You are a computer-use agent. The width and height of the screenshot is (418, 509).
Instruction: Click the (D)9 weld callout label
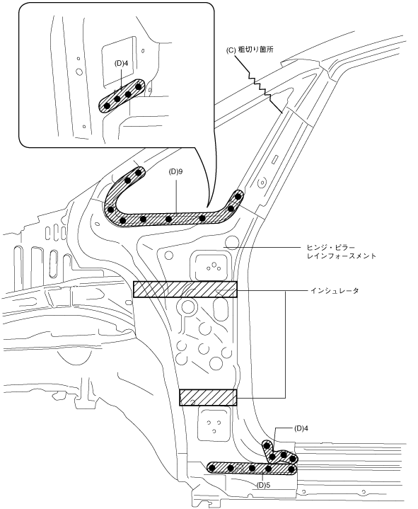point(175,171)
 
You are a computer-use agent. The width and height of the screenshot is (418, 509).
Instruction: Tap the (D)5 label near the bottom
point(263,486)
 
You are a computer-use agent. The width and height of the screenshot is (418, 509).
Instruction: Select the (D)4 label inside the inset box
point(121,63)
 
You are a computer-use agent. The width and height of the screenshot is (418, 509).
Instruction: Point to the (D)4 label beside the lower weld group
point(301,428)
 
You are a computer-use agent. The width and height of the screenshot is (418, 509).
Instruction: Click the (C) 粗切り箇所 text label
point(250,50)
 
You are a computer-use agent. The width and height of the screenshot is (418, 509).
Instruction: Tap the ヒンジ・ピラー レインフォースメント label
point(341,251)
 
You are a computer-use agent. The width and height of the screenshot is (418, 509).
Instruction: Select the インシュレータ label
point(335,290)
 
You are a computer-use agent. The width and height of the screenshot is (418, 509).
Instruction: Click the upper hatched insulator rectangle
point(185,290)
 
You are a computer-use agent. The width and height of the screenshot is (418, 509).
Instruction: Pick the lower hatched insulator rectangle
point(208,397)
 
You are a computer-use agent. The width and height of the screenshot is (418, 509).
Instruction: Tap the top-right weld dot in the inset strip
point(139,86)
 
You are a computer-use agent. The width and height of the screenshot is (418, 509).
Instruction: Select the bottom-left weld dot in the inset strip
point(106,105)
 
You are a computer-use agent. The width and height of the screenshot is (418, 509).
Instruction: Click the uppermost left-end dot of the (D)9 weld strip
point(139,172)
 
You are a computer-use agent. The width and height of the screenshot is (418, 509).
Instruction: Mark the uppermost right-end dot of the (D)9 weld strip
point(238,196)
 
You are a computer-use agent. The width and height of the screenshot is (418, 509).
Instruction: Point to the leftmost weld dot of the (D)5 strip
point(212,468)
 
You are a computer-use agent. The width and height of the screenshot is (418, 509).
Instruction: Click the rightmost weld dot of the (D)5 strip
point(292,469)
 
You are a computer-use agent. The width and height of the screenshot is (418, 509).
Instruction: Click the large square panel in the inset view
point(119,61)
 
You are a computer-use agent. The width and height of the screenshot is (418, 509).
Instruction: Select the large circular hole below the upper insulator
point(188,306)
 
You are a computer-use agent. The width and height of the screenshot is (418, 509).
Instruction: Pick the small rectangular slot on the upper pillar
point(275,159)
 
